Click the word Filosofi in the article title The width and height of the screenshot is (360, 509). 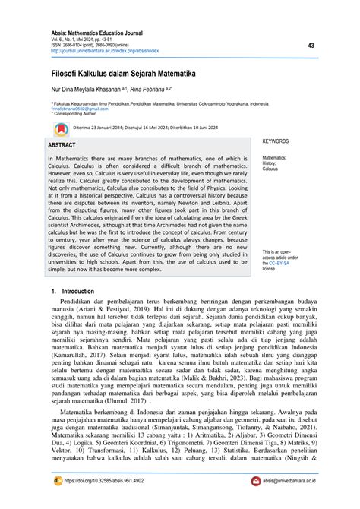point(68,75)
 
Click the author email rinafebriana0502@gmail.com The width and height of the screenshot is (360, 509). point(84,108)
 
